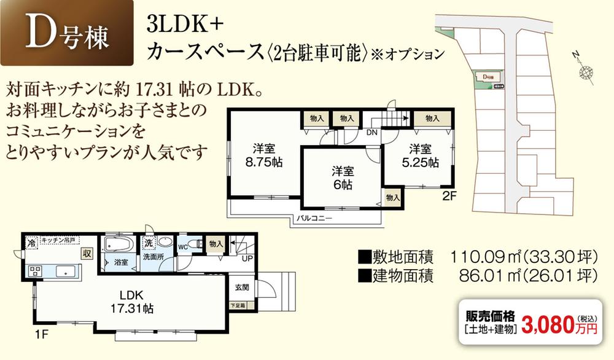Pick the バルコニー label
314,217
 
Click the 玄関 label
241,288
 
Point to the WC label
183,247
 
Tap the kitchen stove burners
34,270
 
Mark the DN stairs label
372,132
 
